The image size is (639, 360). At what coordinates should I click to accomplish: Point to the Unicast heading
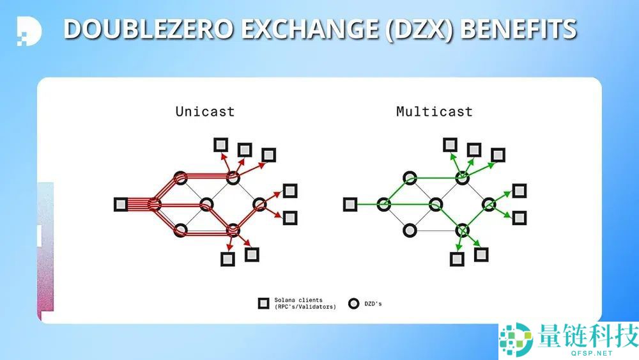coord(205,111)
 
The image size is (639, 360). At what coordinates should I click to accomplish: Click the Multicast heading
coord(435,111)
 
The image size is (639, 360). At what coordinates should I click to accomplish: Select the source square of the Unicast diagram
coord(121,205)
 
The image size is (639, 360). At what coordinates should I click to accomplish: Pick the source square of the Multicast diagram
coord(350,205)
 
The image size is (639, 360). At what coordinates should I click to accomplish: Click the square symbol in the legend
coord(263,303)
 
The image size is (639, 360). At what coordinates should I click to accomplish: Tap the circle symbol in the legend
coord(353,303)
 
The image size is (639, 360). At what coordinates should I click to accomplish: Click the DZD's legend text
coord(373,303)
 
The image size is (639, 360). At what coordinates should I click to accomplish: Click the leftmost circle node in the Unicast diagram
coord(154,205)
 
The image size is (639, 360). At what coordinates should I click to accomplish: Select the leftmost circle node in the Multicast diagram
coord(383,205)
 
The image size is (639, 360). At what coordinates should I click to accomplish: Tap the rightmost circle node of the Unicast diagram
coord(259,205)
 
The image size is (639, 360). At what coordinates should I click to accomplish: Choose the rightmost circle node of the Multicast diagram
coord(489,205)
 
